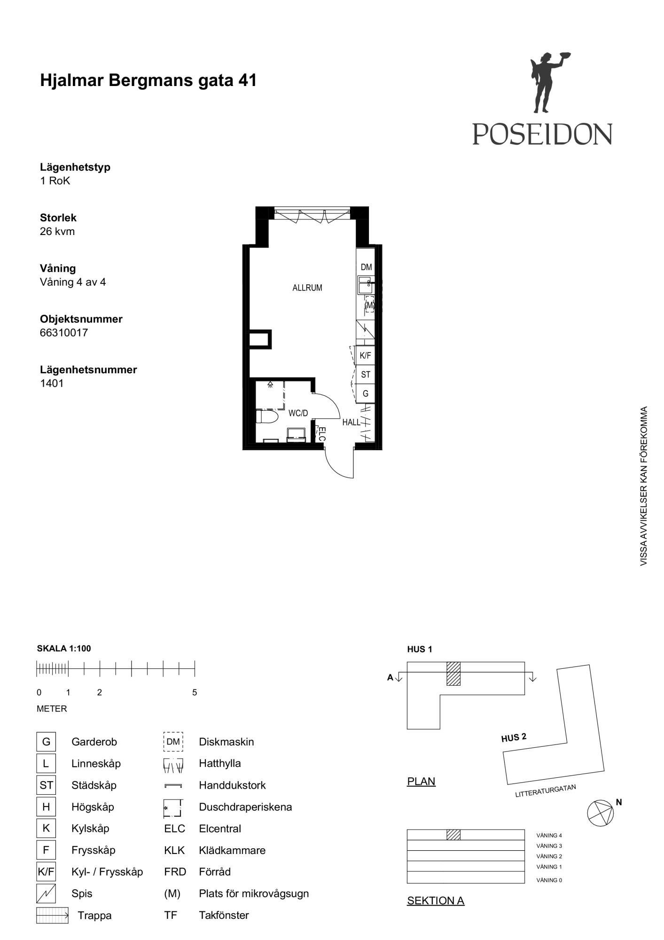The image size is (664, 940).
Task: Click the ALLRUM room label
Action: tap(307, 288)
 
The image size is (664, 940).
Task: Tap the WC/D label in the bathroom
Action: tap(298, 413)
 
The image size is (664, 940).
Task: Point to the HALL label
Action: tap(351, 422)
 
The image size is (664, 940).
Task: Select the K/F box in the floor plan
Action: tap(365, 355)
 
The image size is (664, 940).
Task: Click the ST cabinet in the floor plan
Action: tap(365, 375)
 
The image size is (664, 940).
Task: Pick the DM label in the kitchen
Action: tap(366, 267)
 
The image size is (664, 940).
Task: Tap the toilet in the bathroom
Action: tap(267, 416)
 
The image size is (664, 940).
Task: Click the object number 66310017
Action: tap(64, 333)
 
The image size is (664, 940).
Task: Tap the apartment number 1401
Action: tap(52, 383)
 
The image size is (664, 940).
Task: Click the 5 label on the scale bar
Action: tap(195, 692)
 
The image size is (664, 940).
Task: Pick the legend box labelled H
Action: tap(46, 807)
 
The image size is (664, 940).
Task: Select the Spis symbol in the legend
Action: tap(46, 893)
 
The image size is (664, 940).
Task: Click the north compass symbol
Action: tap(601, 813)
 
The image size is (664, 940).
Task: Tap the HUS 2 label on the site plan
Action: tap(514, 737)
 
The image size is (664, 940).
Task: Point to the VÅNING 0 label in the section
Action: tap(549, 880)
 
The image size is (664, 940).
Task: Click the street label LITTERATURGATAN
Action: tap(546, 791)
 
